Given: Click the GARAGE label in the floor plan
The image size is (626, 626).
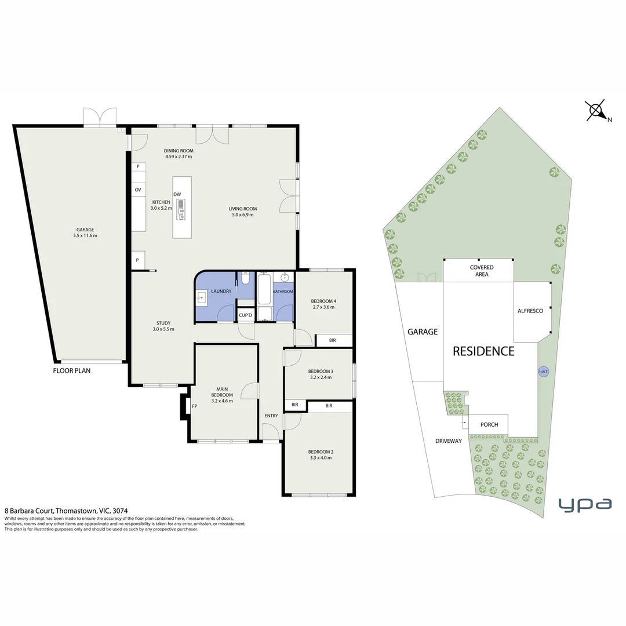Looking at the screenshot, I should (x=84, y=229).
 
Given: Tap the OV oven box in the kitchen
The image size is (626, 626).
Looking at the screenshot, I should (x=138, y=190).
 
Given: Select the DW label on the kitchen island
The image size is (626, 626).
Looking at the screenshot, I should (x=177, y=194).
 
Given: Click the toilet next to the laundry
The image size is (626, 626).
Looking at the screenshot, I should (x=246, y=279).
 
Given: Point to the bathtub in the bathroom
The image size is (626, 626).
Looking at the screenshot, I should (x=264, y=290).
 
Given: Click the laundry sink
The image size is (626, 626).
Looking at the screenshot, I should (x=201, y=299).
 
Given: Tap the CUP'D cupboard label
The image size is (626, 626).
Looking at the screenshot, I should (x=245, y=315).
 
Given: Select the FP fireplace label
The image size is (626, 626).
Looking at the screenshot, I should (x=195, y=406).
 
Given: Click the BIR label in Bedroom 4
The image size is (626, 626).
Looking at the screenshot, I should (x=332, y=340).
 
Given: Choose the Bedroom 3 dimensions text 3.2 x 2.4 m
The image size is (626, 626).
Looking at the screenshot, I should (x=320, y=377).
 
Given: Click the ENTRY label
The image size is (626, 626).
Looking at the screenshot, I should (x=271, y=416).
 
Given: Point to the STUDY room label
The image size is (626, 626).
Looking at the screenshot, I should (x=163, y=323).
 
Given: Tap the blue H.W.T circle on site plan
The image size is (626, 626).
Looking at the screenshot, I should (x=543, y=372).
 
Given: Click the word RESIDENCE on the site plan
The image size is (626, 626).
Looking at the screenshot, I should (x=483, y=351).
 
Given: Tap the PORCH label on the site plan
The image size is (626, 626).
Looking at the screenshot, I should (x=489, y=424).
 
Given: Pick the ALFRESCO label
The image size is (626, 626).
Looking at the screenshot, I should (x=530, y=311).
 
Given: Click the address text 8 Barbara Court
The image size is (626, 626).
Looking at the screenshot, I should (x=29, y=511).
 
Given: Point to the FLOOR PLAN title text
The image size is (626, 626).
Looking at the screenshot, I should (x=72, y=370).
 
